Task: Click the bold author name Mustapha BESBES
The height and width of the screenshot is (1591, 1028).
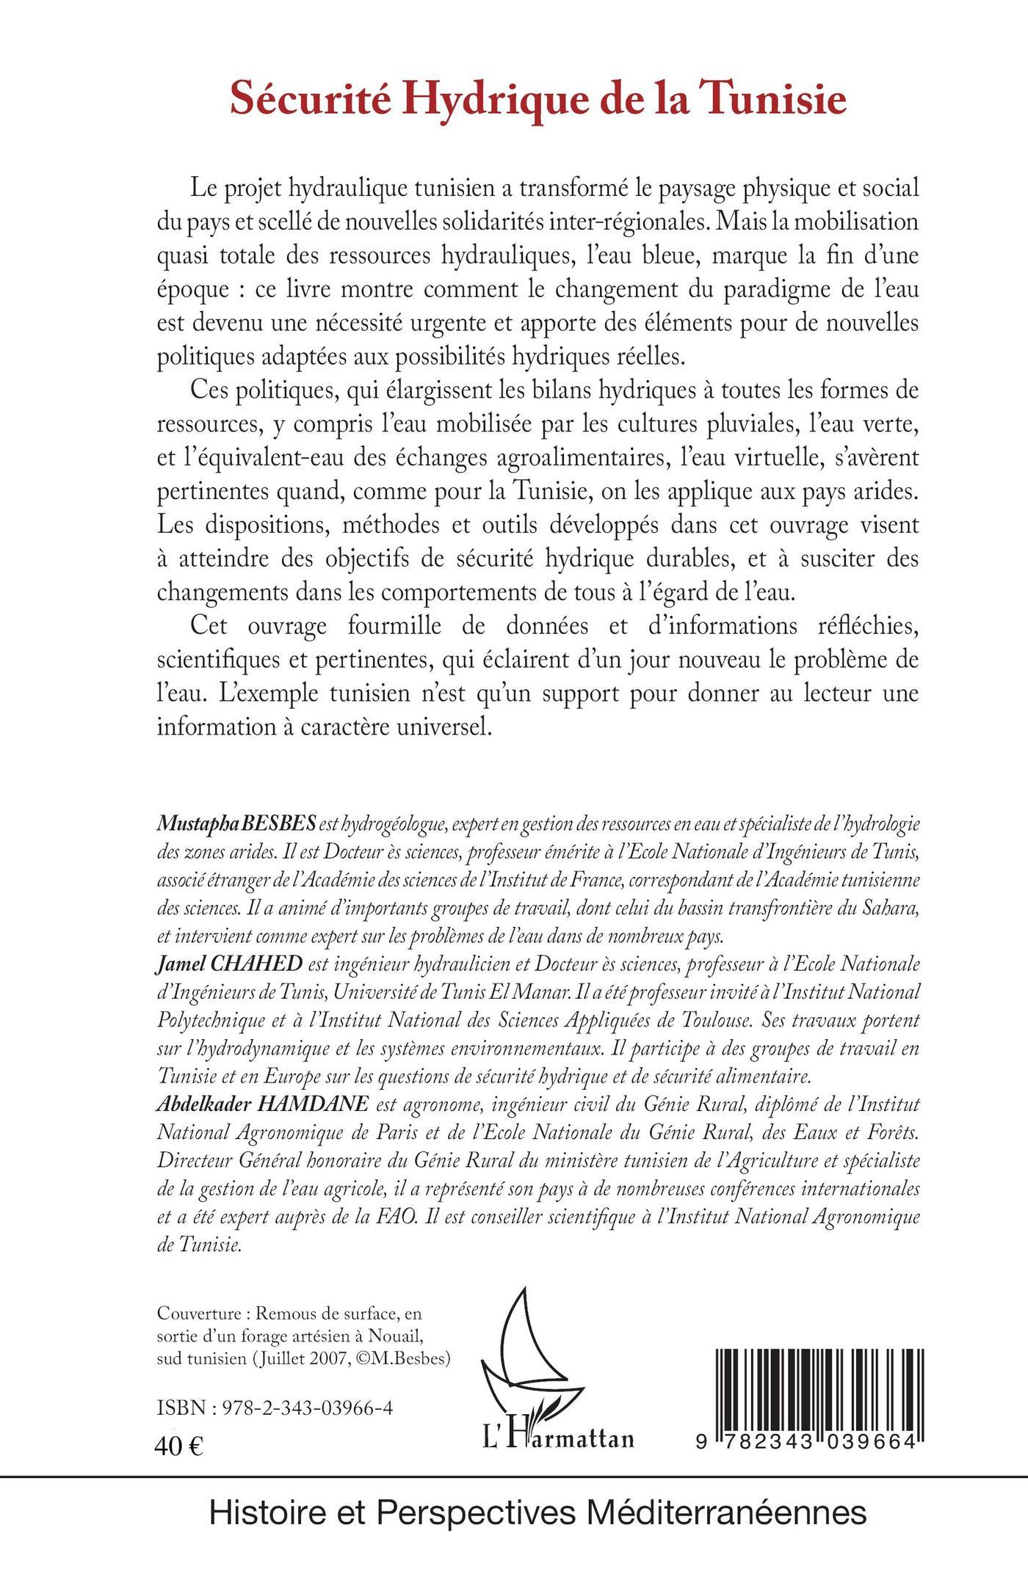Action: (x=236, y=824)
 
